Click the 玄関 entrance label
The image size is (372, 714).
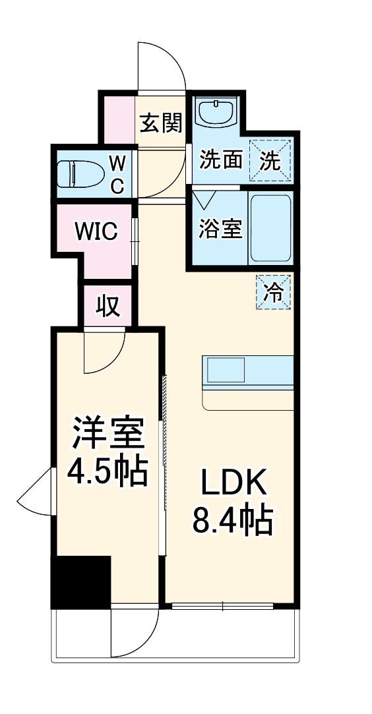pyautogui.click(x=160, y=123)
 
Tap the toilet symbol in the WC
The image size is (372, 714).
pyautogui.click(x=78, y=173)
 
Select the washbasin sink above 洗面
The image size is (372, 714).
pyautogui.click(x=216, y=113)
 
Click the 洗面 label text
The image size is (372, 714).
pyautogui.click(x=222, y=160)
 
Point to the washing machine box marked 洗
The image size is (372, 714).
pyautogui.click(x=270, y=160)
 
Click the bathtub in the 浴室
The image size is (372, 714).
pyautogui.click(x=270, y=227)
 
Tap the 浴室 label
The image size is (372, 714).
pyautogui.click(x=220, y=229)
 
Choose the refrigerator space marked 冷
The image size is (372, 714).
pyautogui.click(x=273, y=292)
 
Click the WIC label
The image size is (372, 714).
pyautogui.click(x=96, y=231)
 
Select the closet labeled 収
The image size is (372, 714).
pyautogui.click(x=108, y=306)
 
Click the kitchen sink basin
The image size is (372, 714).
pyautogui.click(x=226, y=370)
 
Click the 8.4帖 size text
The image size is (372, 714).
pyautogui.click(x=232, y=520)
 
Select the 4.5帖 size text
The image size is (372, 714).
pyautogui.click(x=108, y=471)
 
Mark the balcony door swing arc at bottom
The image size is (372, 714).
pyautogui.click(x=146, y=643)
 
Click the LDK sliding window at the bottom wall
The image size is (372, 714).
pyautogui.click(x=223, y=606)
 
